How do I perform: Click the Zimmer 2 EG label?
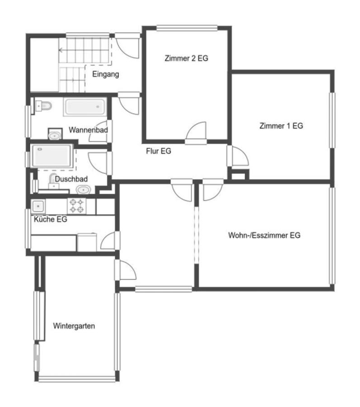(187, 58)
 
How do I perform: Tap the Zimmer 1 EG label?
(281, 126)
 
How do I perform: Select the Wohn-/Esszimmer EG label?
(264, 235)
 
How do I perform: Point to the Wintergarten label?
(74, 326)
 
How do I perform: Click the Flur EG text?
(159, 151)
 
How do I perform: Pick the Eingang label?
(106, 74)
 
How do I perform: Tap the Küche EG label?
(50, 219)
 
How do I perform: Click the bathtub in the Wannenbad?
(85, 107)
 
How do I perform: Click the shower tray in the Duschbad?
(51, 156)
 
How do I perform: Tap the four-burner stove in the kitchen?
(77, 206)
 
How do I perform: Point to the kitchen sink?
(38, 206)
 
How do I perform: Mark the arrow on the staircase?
(61, 50)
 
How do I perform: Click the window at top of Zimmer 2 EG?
(187, 28)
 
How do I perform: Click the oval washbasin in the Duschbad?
(83, 190)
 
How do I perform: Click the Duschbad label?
(71, 179)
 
